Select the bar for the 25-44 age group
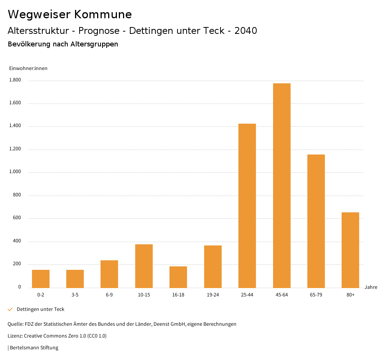pyautogui.click(x=247, y=205)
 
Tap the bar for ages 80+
pyautogui.click(x=350, y=250)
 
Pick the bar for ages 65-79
pyautogui.click(x=316, y=221)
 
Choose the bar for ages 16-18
pyautogui.click(x=178, y=277)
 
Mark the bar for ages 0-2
pyautogui.click(x=41, y=279)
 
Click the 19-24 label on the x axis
pyautogui.click(x=213, y=295)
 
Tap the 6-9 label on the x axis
pyautogui.click(x=109, y=295)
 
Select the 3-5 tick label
pyautogui.click(x=75, y=295)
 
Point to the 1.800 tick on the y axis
pyautogui.click(x=15, y=80)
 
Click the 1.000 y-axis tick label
pyautogui.click(x=15, y=172)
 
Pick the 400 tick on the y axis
pyautogui.click(x=17, y=241)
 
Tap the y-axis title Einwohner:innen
pyautogui.click(x=28, y=68)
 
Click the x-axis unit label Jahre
pyautogui.click(x=371, y=287)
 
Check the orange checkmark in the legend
pyautogui.click(x=10, y=309)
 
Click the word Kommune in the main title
pyautogui.click(x=103, y=14)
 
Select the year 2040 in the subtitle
pyautogui.click(x=246, y=31)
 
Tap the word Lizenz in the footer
pyautogui.click(x=15, y=336)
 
